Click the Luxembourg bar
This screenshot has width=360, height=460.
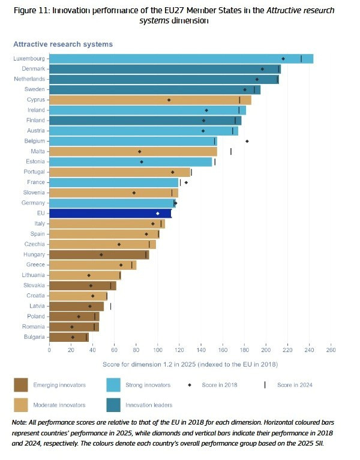pos(180,59)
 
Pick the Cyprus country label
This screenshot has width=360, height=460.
pos(35,100)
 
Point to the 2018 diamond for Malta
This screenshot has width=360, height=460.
pos(140,152)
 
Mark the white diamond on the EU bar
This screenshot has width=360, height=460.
pos(158,213)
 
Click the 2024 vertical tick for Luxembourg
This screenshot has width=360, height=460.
pos(301,59)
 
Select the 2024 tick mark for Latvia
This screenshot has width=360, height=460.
pos(110,306)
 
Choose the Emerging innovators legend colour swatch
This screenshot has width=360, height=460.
pos(21,385)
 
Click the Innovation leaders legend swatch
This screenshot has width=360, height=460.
pos(113,405)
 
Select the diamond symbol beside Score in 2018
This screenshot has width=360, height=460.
pos(190,385)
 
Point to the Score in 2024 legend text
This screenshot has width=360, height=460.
pos(295,385)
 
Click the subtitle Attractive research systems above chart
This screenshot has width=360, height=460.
pos(63,44)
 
